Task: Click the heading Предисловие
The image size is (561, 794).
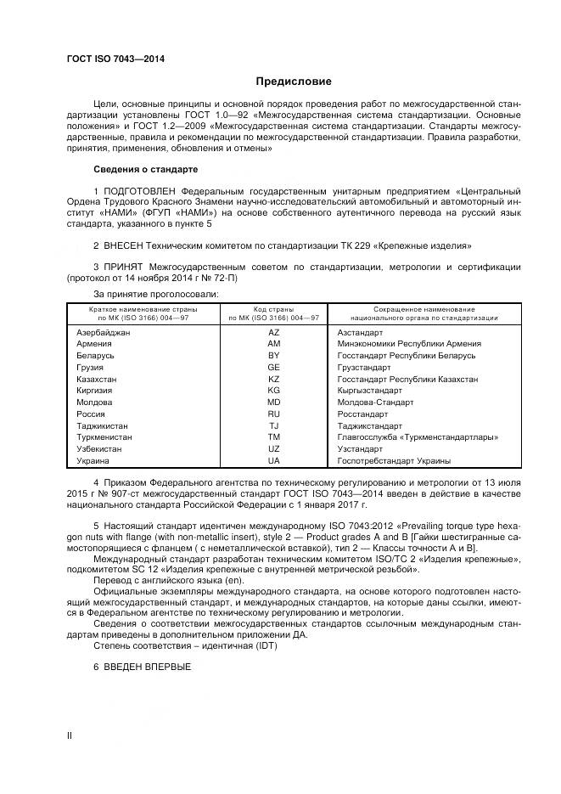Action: (294, 82)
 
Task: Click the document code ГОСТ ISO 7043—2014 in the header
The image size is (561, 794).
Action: (115, 58)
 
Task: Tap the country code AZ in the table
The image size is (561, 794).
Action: (273, 332)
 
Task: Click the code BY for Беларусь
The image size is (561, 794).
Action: (273, 355)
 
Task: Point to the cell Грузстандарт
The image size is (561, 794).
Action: (363, 367)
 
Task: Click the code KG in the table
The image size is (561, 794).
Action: (273, 391)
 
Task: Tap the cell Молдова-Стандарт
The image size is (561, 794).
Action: (375, 402)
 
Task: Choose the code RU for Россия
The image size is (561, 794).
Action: (273, 414)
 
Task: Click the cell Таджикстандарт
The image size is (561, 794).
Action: (372, 425)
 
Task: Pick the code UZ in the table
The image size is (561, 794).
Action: (273, 448)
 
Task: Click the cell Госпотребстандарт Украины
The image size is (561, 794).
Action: (394, 460)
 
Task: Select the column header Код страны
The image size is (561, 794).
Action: (273, 309)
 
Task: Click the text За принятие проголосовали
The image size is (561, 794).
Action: (156, 293)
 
